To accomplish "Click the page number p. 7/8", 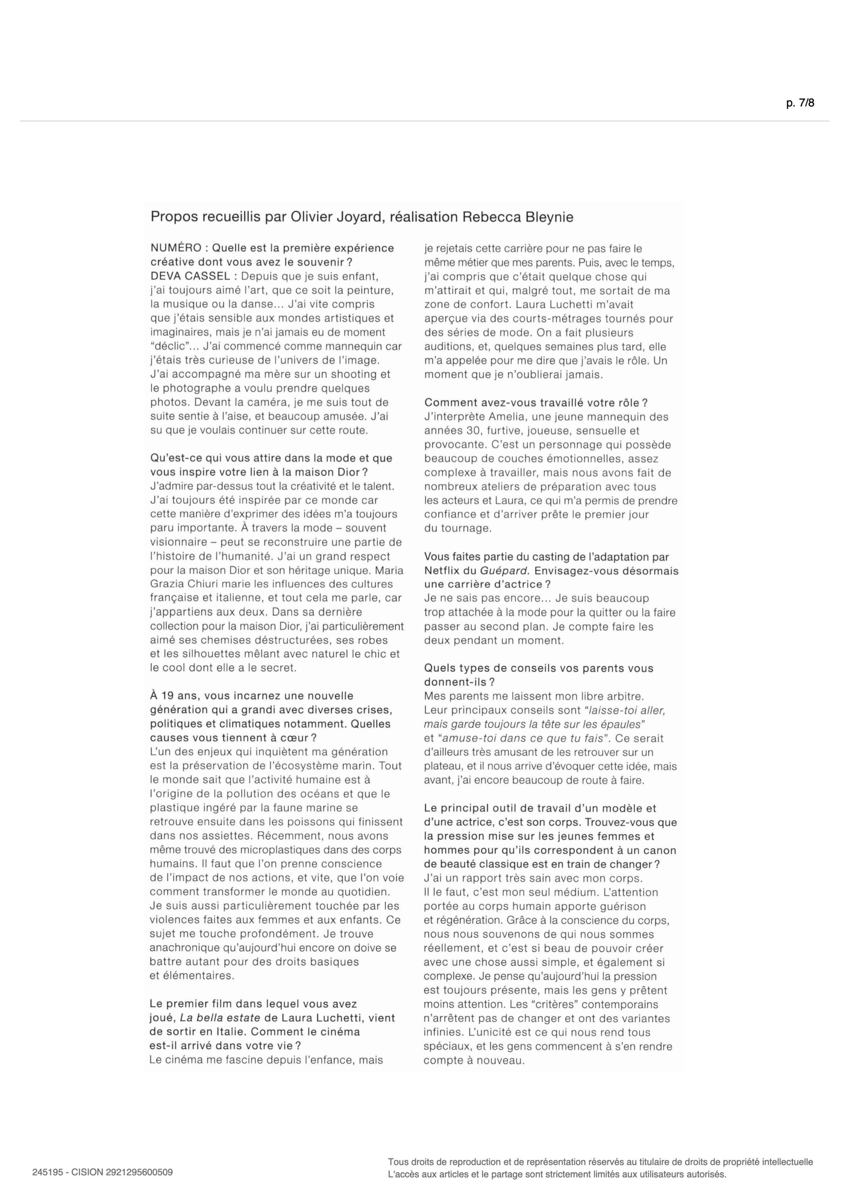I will (x=800, y=103).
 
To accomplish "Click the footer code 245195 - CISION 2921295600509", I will (x=103, y=1172).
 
